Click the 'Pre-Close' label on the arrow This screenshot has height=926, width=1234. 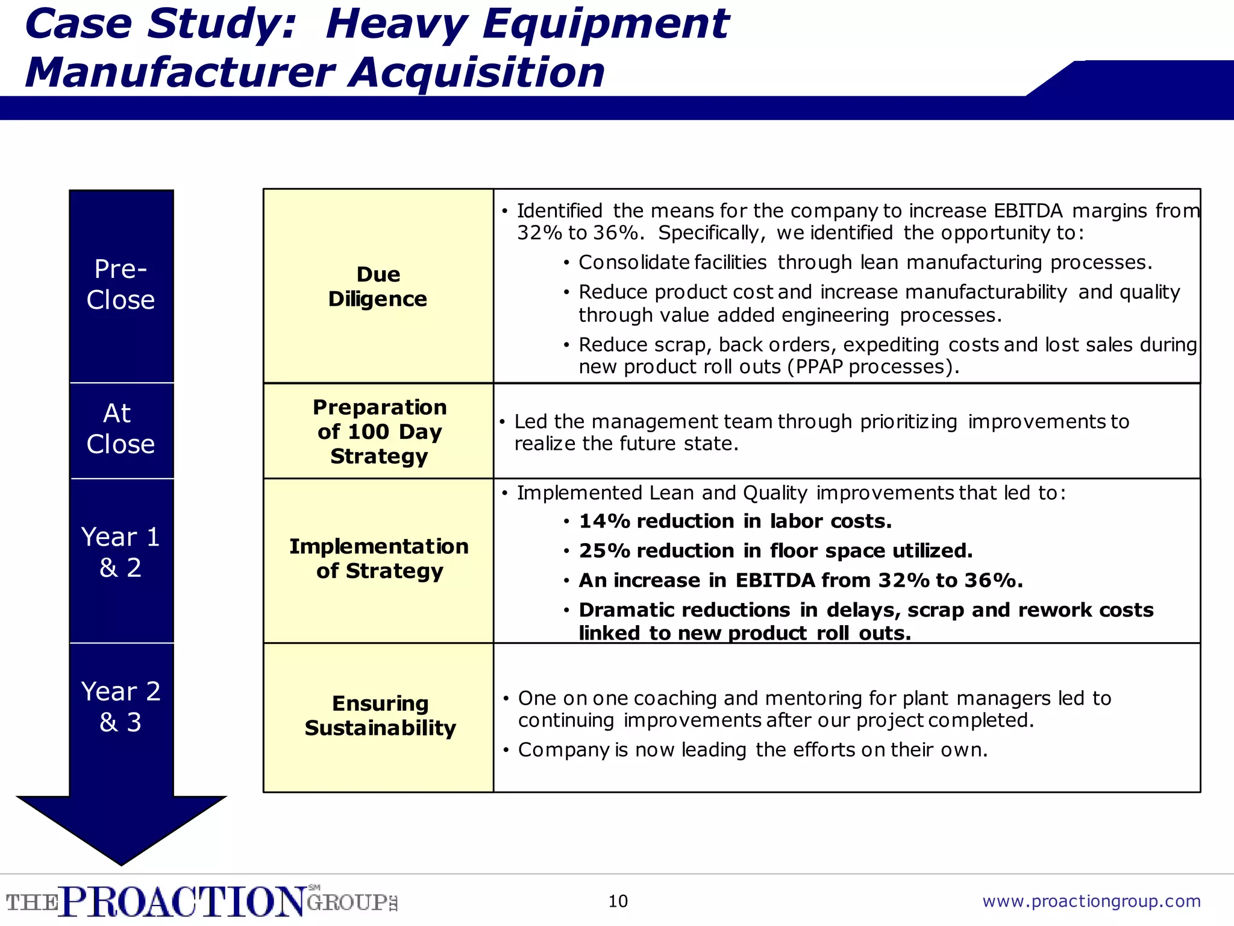121,284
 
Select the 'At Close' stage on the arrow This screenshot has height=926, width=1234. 121,429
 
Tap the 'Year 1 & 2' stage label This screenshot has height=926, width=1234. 121,552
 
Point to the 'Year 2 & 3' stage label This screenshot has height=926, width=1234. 121,707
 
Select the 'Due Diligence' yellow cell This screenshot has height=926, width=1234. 378,286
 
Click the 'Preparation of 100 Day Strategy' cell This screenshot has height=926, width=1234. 379,432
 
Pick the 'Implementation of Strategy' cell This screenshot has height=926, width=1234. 379,558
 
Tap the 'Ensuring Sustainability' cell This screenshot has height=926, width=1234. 380,716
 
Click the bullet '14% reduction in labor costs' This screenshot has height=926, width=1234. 734,521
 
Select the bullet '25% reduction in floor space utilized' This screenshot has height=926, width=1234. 775,551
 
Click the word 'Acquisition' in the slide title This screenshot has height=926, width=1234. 477,73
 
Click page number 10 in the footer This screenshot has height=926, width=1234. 618,901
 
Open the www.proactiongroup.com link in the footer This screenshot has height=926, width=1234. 1091,901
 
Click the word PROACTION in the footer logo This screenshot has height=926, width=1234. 183,902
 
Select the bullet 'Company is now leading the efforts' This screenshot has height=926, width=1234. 752,750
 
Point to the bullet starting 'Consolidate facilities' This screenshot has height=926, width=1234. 865,263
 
